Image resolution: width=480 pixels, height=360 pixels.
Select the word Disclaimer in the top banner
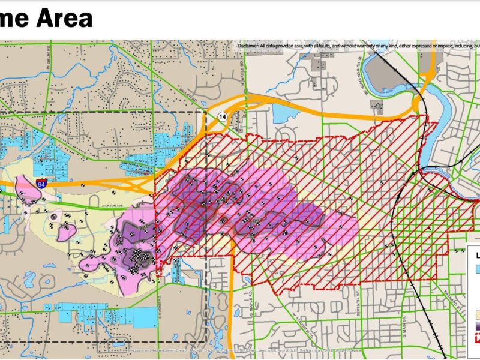pos(250,46)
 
